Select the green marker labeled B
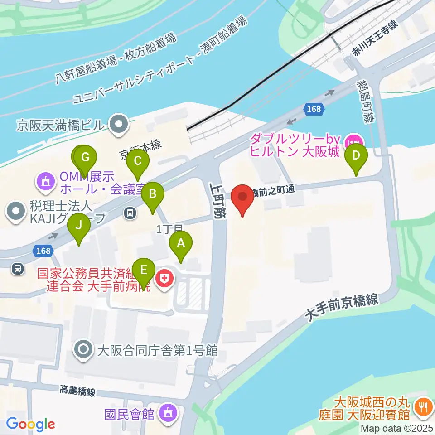(x=153, y=195)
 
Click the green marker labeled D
(x=356, y=156)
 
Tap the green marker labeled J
(x=79, y=225)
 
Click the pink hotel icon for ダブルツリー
(x=351, y=142)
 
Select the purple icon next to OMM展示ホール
(x=45, y=182)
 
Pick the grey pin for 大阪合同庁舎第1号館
(x=84, y=350)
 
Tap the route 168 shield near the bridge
(x=313, y=109)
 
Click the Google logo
(x=30, y=424)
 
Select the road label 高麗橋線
(x=77, y=391)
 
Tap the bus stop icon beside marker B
(x=130, y=213)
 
